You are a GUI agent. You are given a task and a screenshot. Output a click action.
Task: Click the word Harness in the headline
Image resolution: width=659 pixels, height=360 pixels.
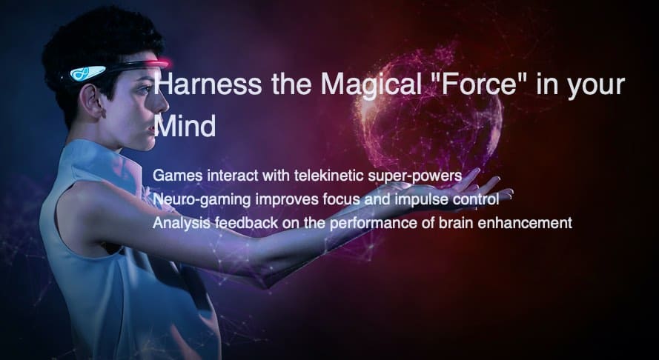tap(208, 84)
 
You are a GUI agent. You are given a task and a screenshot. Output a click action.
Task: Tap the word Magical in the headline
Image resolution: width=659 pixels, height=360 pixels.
tap(371, 84)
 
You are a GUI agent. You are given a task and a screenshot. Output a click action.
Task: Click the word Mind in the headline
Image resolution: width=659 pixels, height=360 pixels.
tap(185, 126)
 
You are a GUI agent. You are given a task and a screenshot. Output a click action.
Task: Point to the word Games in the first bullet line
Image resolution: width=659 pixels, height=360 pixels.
tap(177, 176)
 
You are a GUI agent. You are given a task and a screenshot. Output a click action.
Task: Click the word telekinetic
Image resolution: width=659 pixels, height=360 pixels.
tap(328, 176)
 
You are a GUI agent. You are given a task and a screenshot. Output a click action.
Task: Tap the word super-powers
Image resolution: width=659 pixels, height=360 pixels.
tap(415, 176)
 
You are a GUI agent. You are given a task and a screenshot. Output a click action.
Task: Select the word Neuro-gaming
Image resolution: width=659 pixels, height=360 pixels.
tap(202, 200)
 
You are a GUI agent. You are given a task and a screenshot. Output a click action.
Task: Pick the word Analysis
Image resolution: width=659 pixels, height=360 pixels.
tap(181, 223)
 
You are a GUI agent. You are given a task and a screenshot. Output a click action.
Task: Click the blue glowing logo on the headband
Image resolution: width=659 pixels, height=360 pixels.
tap(87, 73)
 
